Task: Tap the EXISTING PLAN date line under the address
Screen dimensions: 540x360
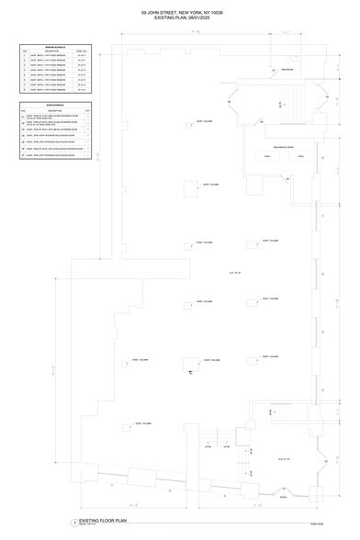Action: click(x=181, y=19)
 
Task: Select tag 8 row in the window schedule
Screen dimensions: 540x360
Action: click(x=54, y=91)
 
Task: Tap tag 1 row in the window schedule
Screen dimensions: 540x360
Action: click(x=54, y=57)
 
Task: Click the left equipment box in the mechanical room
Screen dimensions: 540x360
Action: click(x=266, y=157)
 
